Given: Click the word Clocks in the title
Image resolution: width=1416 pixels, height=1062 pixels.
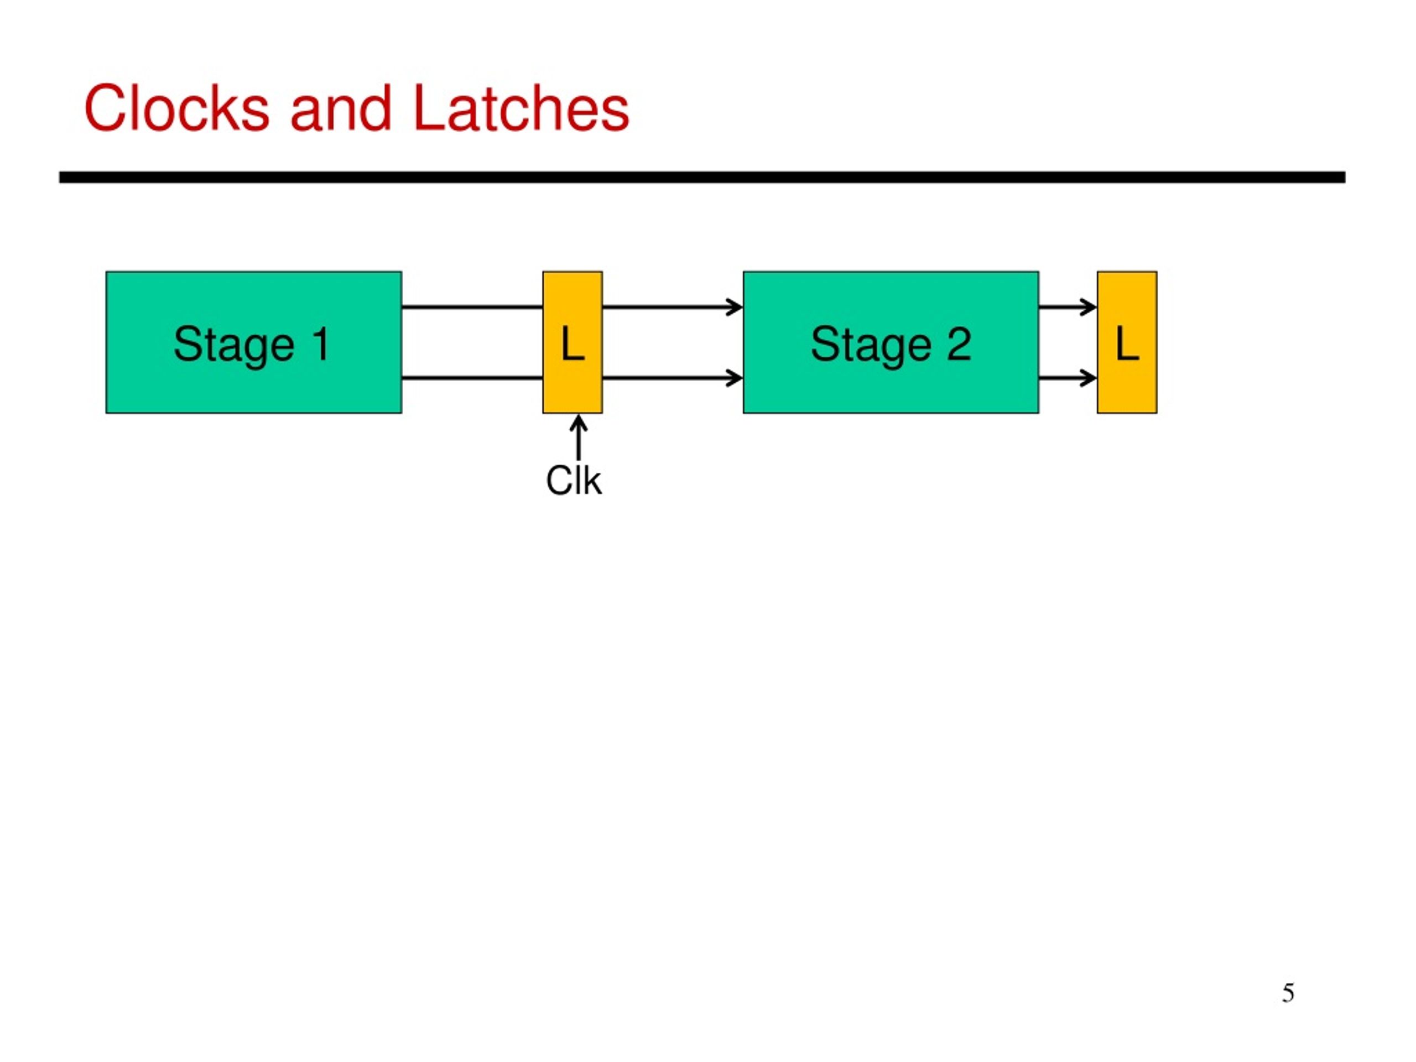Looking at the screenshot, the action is [176, 108].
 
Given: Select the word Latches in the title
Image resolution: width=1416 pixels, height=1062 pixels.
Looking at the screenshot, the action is [521, 108].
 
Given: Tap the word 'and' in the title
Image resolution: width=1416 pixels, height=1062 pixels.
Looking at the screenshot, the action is [341, 108].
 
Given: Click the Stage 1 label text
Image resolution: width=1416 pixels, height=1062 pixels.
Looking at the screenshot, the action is [252, 346].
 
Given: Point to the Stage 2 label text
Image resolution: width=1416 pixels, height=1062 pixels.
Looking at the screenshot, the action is [891, 346].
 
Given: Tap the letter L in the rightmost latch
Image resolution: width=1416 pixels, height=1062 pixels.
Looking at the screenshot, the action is [1127, 343].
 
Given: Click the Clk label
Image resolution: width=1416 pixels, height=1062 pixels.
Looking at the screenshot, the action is [573, 481].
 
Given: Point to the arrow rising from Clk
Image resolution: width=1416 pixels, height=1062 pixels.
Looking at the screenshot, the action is [579, 437].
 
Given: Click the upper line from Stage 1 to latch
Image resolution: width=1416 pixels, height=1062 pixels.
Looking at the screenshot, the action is [472, 308].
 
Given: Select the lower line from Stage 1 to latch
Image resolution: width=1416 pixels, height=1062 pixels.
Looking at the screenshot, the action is [472, 378].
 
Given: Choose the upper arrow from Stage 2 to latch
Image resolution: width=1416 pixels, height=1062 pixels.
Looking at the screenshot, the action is [1068, 308].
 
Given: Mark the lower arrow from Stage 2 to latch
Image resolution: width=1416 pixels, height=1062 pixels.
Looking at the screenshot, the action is [1068, 378].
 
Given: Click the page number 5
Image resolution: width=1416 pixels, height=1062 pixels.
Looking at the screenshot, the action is [1288, 993].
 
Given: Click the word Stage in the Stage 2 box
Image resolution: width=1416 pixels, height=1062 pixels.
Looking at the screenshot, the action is [871, 346].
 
